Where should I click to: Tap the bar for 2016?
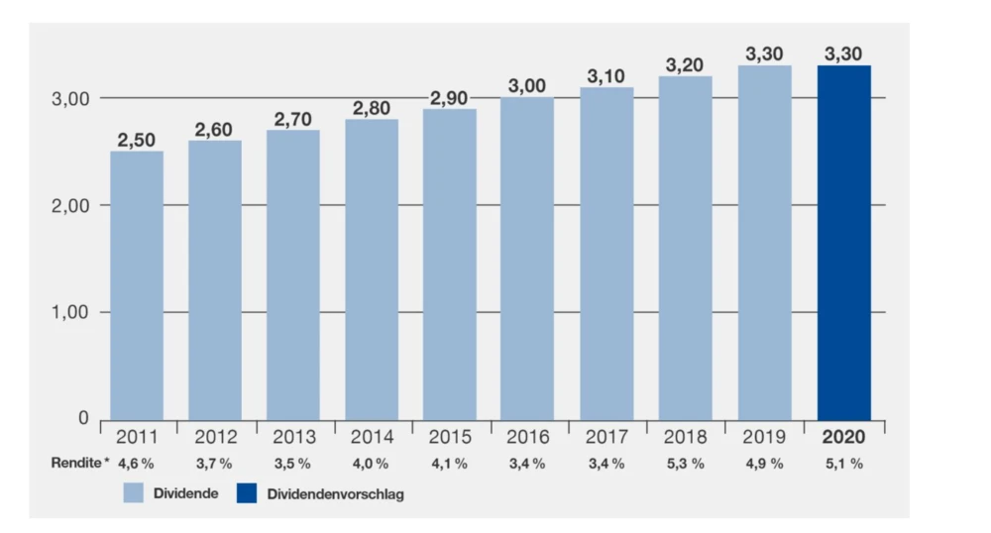[527, 259]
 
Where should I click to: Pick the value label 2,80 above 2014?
[372, 108]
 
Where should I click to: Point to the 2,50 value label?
[137, 140]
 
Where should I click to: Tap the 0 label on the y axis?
[84, 419]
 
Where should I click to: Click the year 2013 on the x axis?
[293, 437]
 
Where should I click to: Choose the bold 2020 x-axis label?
[843, 437]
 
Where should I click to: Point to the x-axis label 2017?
[606, 437]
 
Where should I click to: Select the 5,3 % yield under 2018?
[686, 463]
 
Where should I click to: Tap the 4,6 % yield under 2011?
[137, 463]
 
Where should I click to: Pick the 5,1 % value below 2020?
[843, 463]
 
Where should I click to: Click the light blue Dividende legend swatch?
[135, 492]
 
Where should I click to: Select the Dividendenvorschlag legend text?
[335, 493]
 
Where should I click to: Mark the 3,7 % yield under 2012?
[214, 463]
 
